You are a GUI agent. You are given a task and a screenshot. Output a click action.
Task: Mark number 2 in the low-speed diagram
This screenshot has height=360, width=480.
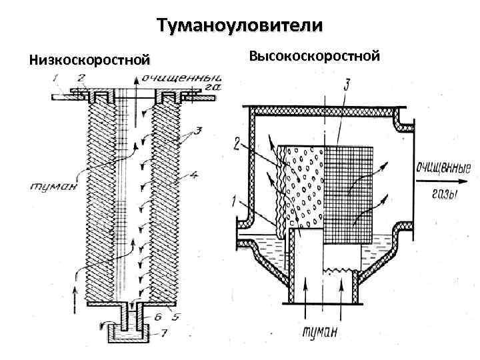click(81, 78)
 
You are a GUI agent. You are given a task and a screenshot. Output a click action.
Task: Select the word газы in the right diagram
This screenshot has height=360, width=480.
click(439, 195)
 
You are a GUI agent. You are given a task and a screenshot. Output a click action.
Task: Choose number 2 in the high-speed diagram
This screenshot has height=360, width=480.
click(236, 141)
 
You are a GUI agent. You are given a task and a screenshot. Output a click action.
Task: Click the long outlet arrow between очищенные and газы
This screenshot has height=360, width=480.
click(437, 181)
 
